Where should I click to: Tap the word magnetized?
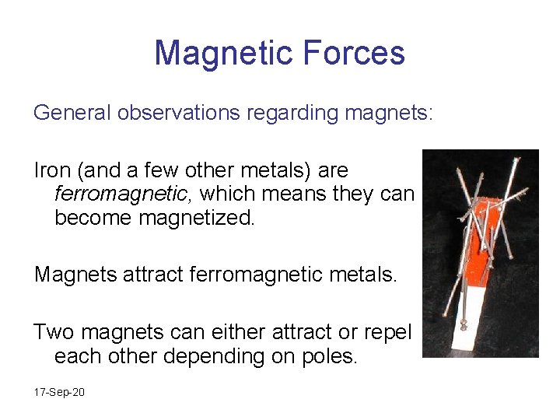point(196,217)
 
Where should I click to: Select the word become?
point(93,217)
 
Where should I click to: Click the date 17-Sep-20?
point(59,392)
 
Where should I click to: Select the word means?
point(275,194)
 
